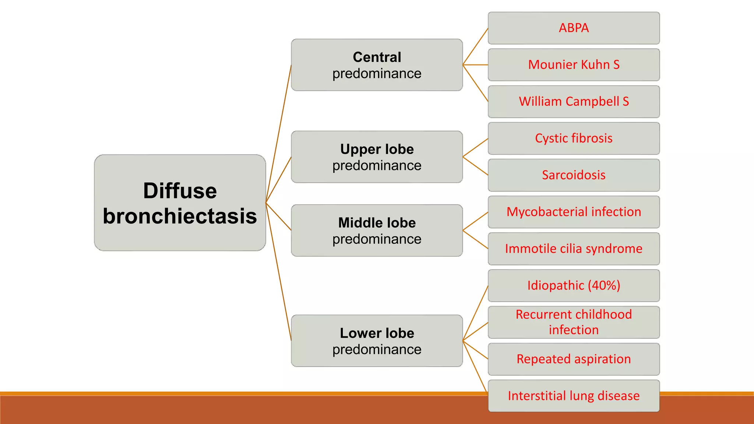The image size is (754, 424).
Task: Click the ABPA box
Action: click(x=574, y=28)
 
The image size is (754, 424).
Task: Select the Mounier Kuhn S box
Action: click(x=574, y=65)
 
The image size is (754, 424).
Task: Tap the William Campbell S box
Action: click(x=574, y=102)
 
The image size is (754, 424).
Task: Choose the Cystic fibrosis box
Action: click(x=574, y=138)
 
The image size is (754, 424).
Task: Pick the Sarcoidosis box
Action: click(x=574, y=175)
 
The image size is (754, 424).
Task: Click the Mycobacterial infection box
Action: click(x=574, y=212)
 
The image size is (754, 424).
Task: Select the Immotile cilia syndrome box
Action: click(x=574, y=249)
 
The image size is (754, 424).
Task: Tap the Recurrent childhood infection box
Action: click(x=574, y=322)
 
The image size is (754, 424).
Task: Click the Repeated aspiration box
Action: click(x=574, y=359)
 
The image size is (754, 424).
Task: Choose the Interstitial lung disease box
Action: click(x=574, y=396)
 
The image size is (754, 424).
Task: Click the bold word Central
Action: click(x=377, y=57)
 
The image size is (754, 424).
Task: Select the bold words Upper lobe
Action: click(x=377, y=149)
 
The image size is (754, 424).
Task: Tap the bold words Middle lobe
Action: click(x=377, y=223)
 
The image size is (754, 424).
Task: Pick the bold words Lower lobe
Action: click(x=377, y=333)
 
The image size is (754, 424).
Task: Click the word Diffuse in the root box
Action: click(x=180, y=191)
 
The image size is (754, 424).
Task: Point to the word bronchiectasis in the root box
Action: click(x=180, y=216)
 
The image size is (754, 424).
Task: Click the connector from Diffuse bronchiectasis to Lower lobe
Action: click(x=278, y=272)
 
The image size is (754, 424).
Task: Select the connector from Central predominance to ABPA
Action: click(x=475, y=46)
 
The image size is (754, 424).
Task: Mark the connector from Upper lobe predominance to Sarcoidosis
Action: click(x=475, y=166)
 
